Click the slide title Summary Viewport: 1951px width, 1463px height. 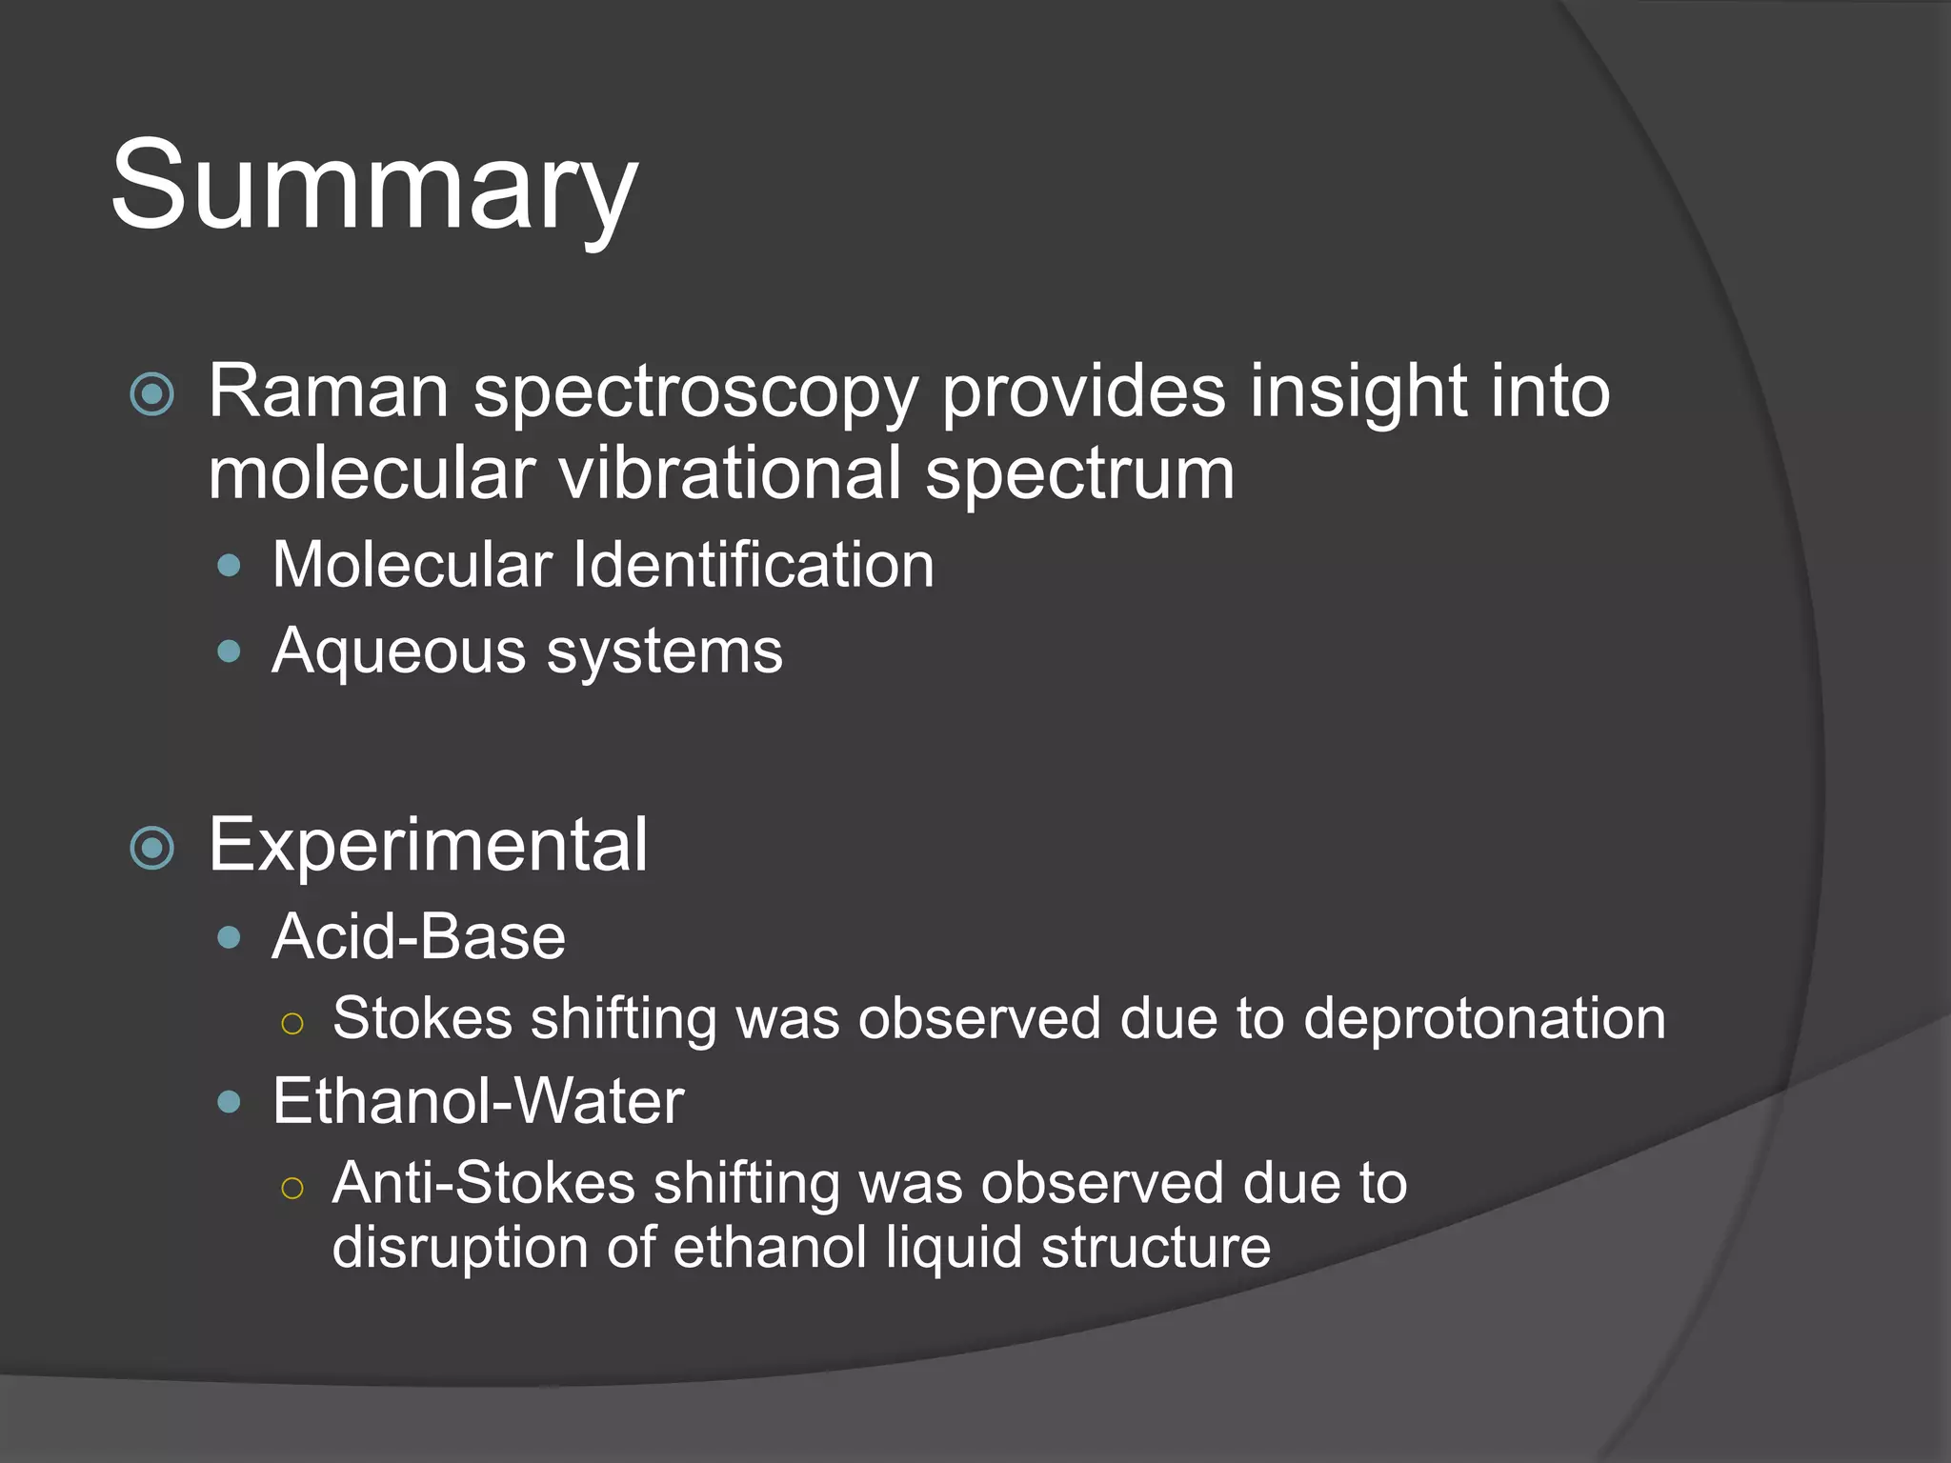click(x=373, y=186)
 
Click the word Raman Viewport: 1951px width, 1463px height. click(x=328, y=391)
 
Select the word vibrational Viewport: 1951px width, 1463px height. click(x=729, y=473)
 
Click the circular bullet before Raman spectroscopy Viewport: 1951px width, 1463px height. click(x=152, y=393)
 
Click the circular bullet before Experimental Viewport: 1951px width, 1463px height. click(x=152, y=848)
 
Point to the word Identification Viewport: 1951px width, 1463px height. click(x=753, y=565)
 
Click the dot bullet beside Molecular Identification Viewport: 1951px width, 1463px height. click(x=229, y=567)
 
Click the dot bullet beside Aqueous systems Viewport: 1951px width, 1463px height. click(x=229, y=652)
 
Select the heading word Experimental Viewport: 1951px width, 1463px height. click(x=428, y=845)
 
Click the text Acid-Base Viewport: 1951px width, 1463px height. click(x=418, y=936)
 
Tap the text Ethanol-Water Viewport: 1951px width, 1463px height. click(x=477, y=1101)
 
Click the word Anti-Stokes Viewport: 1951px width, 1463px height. click(x=483, y=1183)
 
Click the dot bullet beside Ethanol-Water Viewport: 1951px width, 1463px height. click(x=229, y=1103)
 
